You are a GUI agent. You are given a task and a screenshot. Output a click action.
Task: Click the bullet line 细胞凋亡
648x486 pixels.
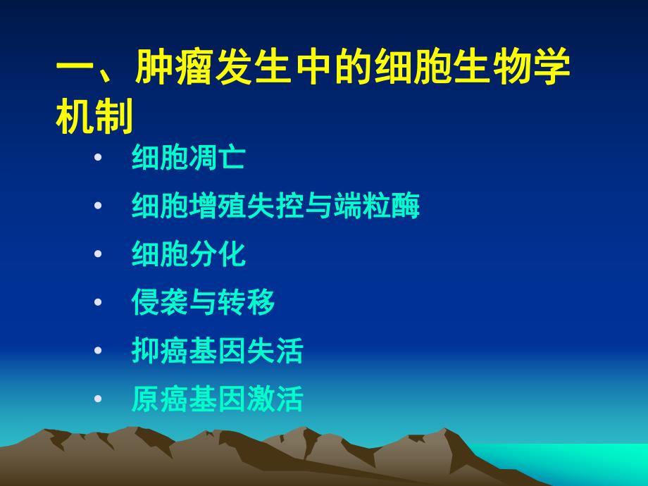pyautogui.click(x=188, y=158)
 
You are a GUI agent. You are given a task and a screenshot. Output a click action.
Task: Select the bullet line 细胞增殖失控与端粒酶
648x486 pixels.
pyautogui.click(x=275, y=206)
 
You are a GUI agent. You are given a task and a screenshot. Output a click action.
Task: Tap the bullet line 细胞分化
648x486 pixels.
pyautogui.click(x=188, y=254)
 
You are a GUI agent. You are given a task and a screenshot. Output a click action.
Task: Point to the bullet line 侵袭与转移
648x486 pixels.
pyautogui.click(x=203, y=303)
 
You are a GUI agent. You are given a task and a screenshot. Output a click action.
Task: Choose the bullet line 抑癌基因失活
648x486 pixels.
pyautogui.click(x=217, y=351)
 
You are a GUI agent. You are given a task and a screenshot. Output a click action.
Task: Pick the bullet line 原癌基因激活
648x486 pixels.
pyautogui.click(x=217, y=399)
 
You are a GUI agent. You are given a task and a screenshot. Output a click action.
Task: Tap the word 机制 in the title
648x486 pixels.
pyautogui.click(x=94, y=118)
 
